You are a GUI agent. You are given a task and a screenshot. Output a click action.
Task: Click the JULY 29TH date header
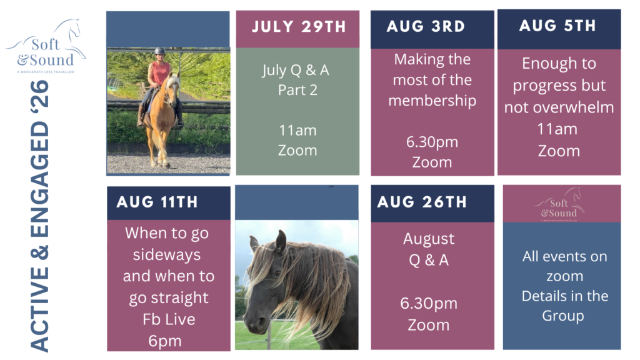tap(299, 27)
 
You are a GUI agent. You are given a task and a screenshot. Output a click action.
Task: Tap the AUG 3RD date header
tap(426, 26)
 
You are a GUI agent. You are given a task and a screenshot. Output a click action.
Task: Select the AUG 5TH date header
tap(557, 26)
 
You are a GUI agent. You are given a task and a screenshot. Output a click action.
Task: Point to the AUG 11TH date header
tap(157, 202)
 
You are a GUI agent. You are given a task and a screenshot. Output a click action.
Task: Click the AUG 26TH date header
tap(422, 202)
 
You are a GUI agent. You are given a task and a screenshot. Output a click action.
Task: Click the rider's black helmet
tap(159, 51)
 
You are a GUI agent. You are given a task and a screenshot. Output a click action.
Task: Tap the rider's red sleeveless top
tap(161, 72)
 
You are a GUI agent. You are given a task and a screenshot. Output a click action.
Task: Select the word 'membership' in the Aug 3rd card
tap(432, 101)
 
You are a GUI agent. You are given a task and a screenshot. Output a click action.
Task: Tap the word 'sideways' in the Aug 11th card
tap(166, 255)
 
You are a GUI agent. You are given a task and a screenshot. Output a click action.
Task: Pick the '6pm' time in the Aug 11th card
tap(165, 341)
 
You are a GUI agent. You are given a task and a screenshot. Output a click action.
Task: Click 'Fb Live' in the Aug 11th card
tap(169, 319)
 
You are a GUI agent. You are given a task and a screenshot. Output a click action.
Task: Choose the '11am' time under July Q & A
tap(297, 131)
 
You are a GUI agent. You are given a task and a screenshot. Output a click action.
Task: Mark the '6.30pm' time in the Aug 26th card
tap(429, 304)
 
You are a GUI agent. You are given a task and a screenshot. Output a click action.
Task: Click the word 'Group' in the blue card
tap(563, 316)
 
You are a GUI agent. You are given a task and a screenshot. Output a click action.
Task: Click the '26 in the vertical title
tap(39, 94)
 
